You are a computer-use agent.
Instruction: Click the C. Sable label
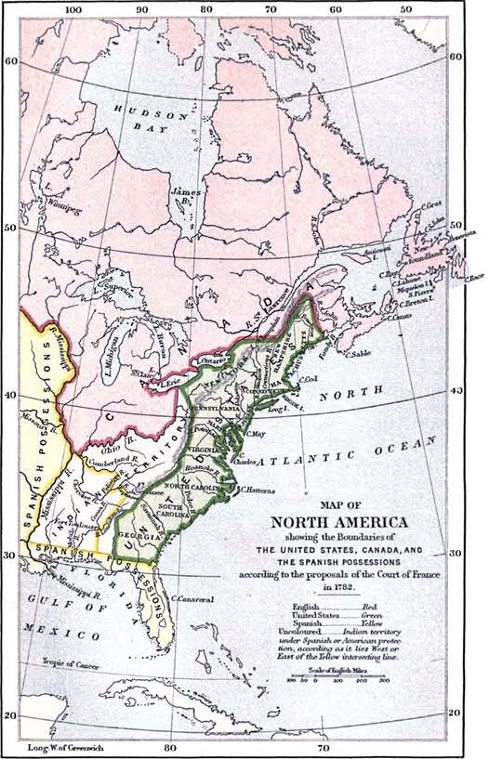pos(361,353)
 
